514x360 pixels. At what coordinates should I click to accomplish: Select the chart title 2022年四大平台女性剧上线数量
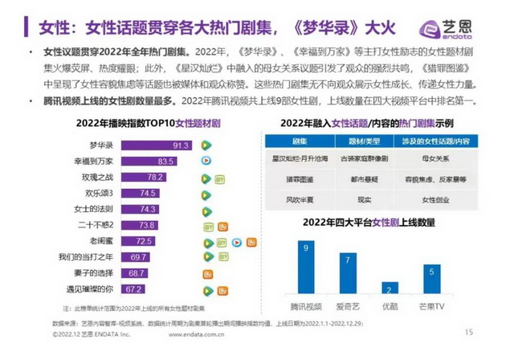pyautogui.click(x=369, y=221)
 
